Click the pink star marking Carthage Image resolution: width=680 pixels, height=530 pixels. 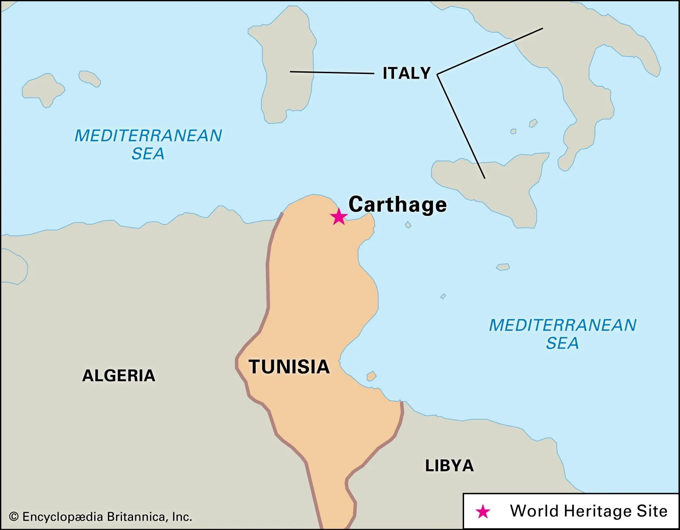coord(339,217)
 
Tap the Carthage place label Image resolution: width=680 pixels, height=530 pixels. coord(397,204)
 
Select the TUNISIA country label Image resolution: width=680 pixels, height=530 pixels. coord(289,367)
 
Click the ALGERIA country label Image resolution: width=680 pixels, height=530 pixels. coord(119,376)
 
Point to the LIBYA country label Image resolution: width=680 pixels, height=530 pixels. coord(449,466)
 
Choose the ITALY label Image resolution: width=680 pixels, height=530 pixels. coord(406,73)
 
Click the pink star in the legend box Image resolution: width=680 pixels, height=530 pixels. coord(483,511)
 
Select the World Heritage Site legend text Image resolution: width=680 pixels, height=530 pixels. coord(589,511)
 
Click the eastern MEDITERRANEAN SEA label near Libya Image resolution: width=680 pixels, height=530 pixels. coord(562,334)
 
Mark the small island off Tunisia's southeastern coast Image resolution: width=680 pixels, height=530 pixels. coord(371,376)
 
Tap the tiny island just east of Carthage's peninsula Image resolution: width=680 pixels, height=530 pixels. coord(408,225)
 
